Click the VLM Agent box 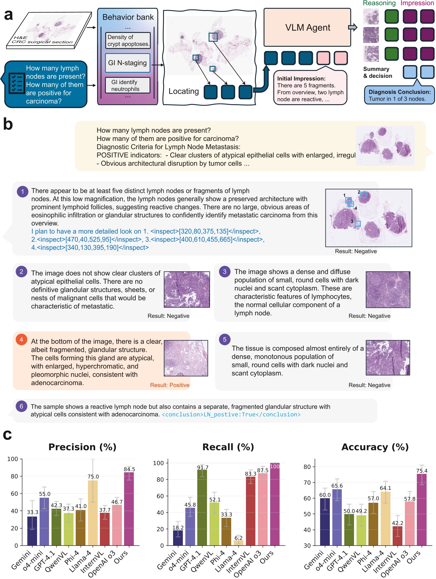click(307, 28)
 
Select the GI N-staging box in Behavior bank click(128, 63)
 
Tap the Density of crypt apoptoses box click(128, 40)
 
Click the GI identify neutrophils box click(128, 85)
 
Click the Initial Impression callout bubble click(310, 89)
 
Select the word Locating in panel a click(183, 91)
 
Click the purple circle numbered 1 click(22, 191)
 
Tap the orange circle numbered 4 click(21, 340)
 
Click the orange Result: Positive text click(170, 385)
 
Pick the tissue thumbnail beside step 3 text click(388, 290)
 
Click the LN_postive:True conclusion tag click(231, 415)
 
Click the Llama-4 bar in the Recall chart click(238, 543)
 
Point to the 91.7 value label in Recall click(203, 467)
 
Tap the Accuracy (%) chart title click(375, 447)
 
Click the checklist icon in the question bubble click(16, 83)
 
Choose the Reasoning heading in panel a click(379, 3)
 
